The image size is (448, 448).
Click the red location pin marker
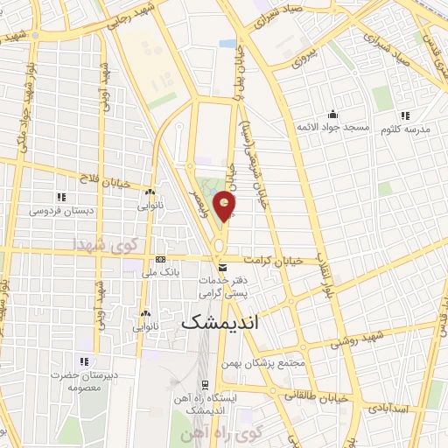click(227, 206)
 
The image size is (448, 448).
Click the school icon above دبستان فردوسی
click(60, 197)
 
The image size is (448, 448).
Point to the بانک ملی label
click(160, 272)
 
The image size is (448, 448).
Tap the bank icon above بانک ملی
click(160, 260)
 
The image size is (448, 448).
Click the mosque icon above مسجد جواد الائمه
click(332, 114)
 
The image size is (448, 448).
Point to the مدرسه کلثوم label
click(403, 128)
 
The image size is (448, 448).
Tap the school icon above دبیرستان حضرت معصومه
click(84, 360)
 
